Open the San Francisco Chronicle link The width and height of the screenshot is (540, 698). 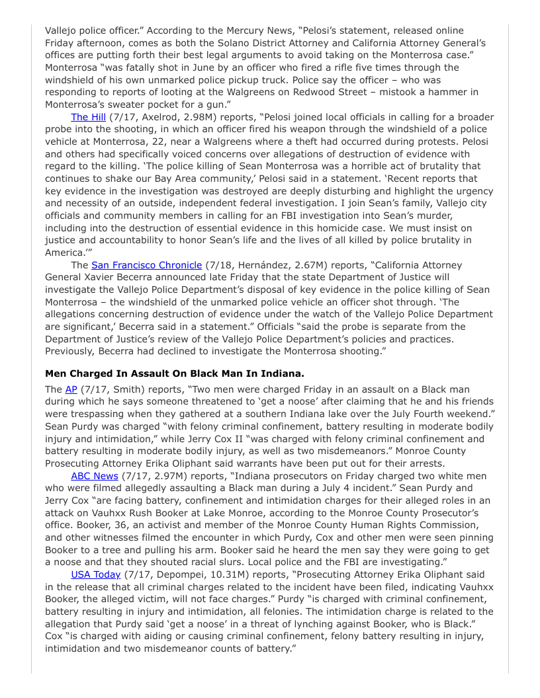click(x=146, y=265)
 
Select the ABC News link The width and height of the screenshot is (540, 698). click(x=95, y=476)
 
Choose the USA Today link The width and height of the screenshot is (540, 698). click(x=95, y=574)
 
